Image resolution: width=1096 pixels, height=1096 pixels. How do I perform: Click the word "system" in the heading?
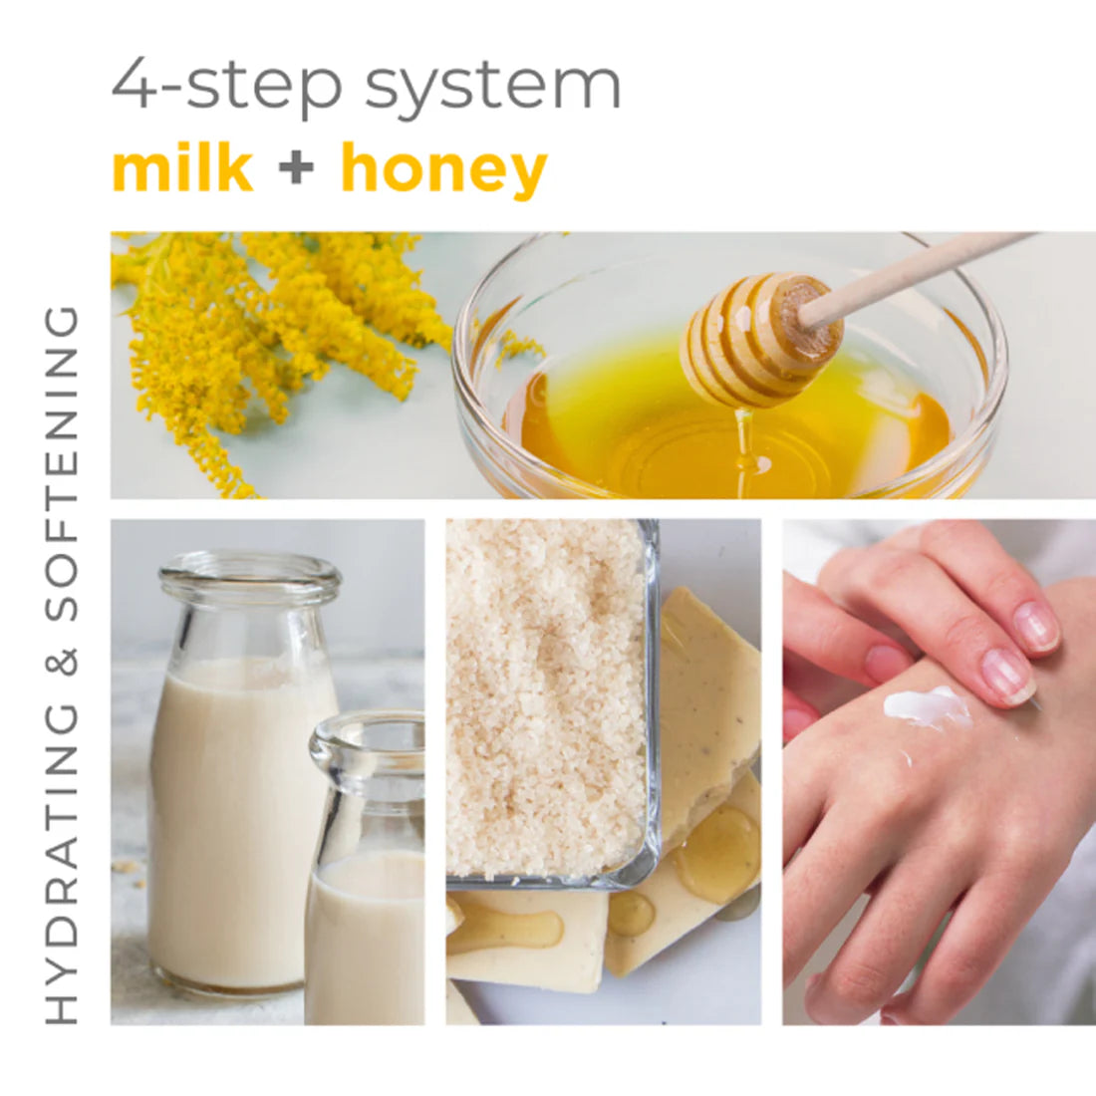[493, 87]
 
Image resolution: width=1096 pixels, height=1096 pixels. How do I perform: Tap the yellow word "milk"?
[182, 168]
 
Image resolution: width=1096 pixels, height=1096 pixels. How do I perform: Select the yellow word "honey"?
[443, 170]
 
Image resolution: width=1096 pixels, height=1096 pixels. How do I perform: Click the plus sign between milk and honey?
[296, 168]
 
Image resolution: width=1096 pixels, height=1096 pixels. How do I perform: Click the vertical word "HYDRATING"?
[62, 862]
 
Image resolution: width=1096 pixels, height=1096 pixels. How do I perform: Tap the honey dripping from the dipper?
[742, 438]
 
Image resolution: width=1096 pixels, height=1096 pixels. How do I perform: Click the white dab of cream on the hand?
[927, 707]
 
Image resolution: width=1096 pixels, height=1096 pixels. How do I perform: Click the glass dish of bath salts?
[548, 697]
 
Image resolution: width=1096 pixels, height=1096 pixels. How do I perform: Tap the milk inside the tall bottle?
[234, 817]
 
